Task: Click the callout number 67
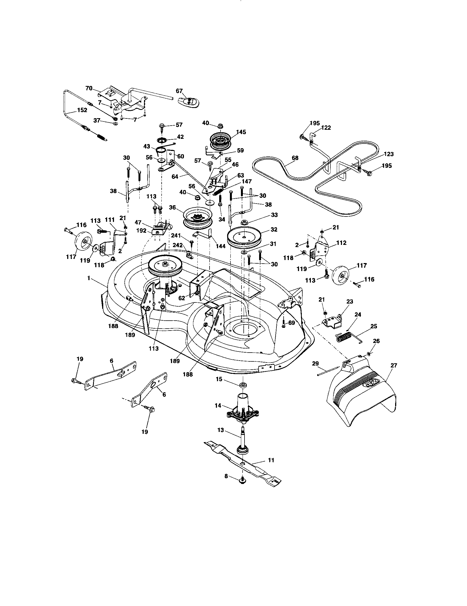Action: (x=180, y=91)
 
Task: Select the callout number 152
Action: (x=82, y=110)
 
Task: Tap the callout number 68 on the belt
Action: (x=295, y=158)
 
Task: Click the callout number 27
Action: (x=394, y=366)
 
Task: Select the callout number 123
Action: (x=389, y=154)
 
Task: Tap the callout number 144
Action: (x=221, y=246)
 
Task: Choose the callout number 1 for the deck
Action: (x=89, y=278)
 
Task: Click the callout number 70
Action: (x=89, y=88)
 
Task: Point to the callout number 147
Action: (x=246, y=182)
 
